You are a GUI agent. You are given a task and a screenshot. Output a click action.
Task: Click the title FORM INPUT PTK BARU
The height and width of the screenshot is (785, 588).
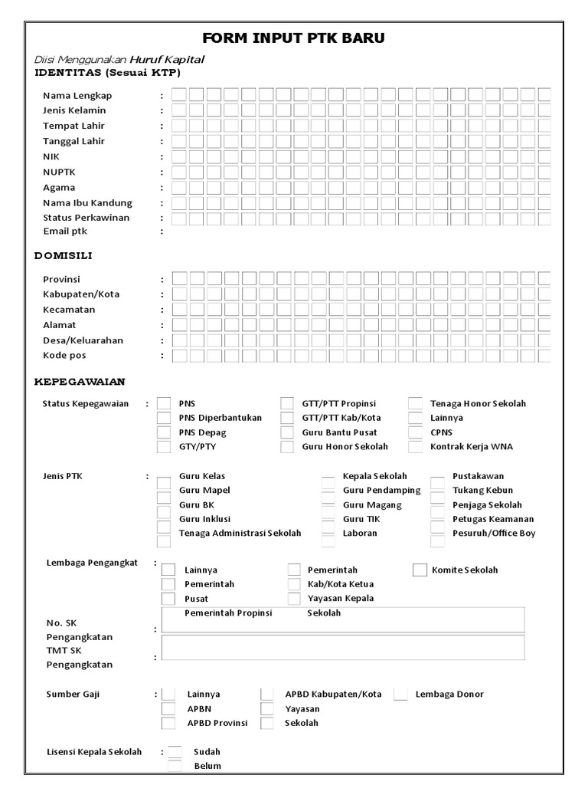(294, 38)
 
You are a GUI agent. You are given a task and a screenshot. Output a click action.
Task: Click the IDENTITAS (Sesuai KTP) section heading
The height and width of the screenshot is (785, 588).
(107, 73)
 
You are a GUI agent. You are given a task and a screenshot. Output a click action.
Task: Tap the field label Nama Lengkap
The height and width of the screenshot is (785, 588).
(77, 95)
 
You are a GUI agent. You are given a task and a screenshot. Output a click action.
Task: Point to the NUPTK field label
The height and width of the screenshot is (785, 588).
(59, 172)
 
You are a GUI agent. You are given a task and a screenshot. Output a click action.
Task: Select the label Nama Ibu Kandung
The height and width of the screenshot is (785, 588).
(87, 202)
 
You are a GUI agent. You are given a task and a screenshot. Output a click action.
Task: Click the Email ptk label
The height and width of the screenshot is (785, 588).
(65, 231)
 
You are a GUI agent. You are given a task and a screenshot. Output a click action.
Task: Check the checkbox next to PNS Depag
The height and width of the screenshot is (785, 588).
(164, 432)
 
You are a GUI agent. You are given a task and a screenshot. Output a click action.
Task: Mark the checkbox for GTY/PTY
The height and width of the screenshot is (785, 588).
(164, 447)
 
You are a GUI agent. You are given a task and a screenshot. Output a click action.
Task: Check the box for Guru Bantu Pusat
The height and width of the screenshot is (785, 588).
(287, 432)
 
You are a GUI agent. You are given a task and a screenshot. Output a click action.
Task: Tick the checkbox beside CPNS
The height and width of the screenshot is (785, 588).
(415, 432)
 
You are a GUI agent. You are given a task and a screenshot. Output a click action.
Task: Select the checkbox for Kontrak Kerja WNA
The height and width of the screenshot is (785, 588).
(415, 447)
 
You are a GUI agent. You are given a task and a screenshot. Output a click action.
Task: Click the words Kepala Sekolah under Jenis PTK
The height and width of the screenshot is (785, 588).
(374, 476)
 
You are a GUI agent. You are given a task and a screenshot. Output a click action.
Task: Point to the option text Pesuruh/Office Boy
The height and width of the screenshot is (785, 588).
(494, 533)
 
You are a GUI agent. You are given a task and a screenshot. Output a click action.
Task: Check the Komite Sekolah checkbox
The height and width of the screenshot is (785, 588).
(420, 570)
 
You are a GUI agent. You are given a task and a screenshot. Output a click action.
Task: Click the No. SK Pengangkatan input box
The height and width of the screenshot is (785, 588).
(343, 620)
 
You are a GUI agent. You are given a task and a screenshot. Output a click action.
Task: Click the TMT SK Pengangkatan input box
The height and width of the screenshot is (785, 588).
(343, 648)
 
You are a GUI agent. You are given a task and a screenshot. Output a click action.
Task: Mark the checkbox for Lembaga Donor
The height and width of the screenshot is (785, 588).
(400, 695)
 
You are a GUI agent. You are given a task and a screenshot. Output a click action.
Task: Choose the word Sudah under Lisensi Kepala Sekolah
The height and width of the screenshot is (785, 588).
(207, 752)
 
